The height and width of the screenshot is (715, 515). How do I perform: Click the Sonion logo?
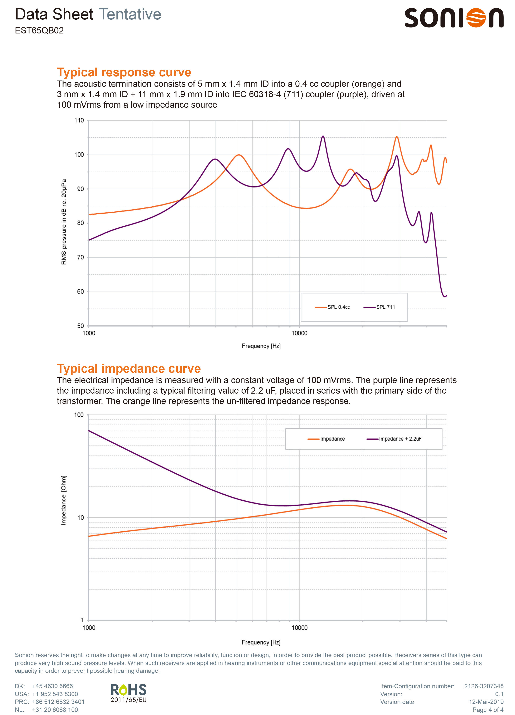[454, 18]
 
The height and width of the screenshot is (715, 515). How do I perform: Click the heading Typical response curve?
[124, 72]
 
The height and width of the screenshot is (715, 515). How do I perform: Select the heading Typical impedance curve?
[129, 368]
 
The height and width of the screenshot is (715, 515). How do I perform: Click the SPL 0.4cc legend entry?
[332, 307]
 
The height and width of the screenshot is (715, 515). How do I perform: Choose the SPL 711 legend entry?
[379, 307]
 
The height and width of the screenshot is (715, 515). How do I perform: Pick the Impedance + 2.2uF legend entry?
[394, 439]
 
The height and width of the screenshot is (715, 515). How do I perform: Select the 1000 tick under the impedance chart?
[89, 628]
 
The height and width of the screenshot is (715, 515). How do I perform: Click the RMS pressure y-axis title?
[64, 222]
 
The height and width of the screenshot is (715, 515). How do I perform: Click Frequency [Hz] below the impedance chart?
[261, 642]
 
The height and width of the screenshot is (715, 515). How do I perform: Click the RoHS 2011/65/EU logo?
[129, 693]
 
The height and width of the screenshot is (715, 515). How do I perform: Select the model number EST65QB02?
[39, 31]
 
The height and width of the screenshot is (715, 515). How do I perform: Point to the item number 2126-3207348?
[484, 686]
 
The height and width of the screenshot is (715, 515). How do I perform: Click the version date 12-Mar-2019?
[486, 702]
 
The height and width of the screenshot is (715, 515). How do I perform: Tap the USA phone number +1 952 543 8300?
[55, 694]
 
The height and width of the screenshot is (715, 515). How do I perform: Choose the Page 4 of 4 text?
[488, 710]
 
